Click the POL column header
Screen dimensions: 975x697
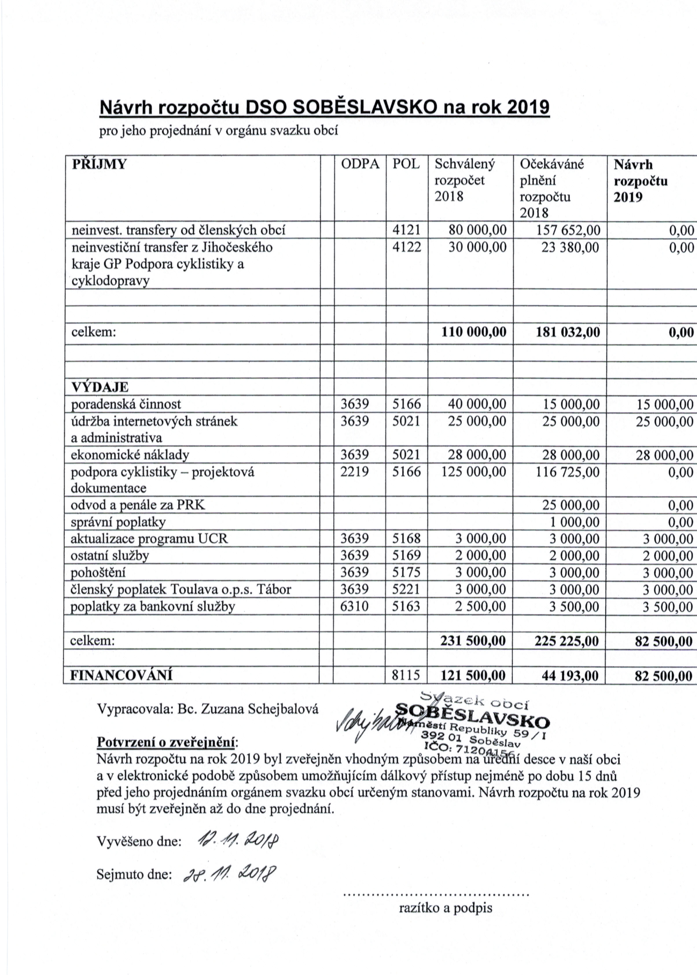tap(406, 164)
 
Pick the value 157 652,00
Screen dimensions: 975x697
tap(568, 231)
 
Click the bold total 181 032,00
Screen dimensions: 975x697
tap(568, 332)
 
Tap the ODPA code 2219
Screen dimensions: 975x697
tap(354, 472)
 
